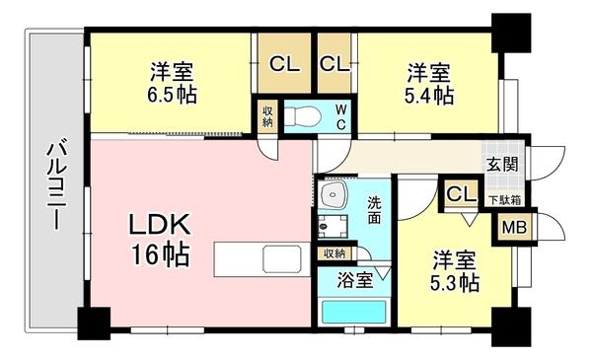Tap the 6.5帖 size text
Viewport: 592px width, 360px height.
point(171,96)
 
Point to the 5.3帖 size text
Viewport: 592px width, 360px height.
point(455,284)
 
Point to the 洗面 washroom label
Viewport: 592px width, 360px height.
point(376,209)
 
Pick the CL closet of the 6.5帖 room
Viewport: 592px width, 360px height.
point(284,64)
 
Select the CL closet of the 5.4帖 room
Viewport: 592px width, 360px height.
point(333,64)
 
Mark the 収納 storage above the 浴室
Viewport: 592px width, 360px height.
point(333,253)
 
